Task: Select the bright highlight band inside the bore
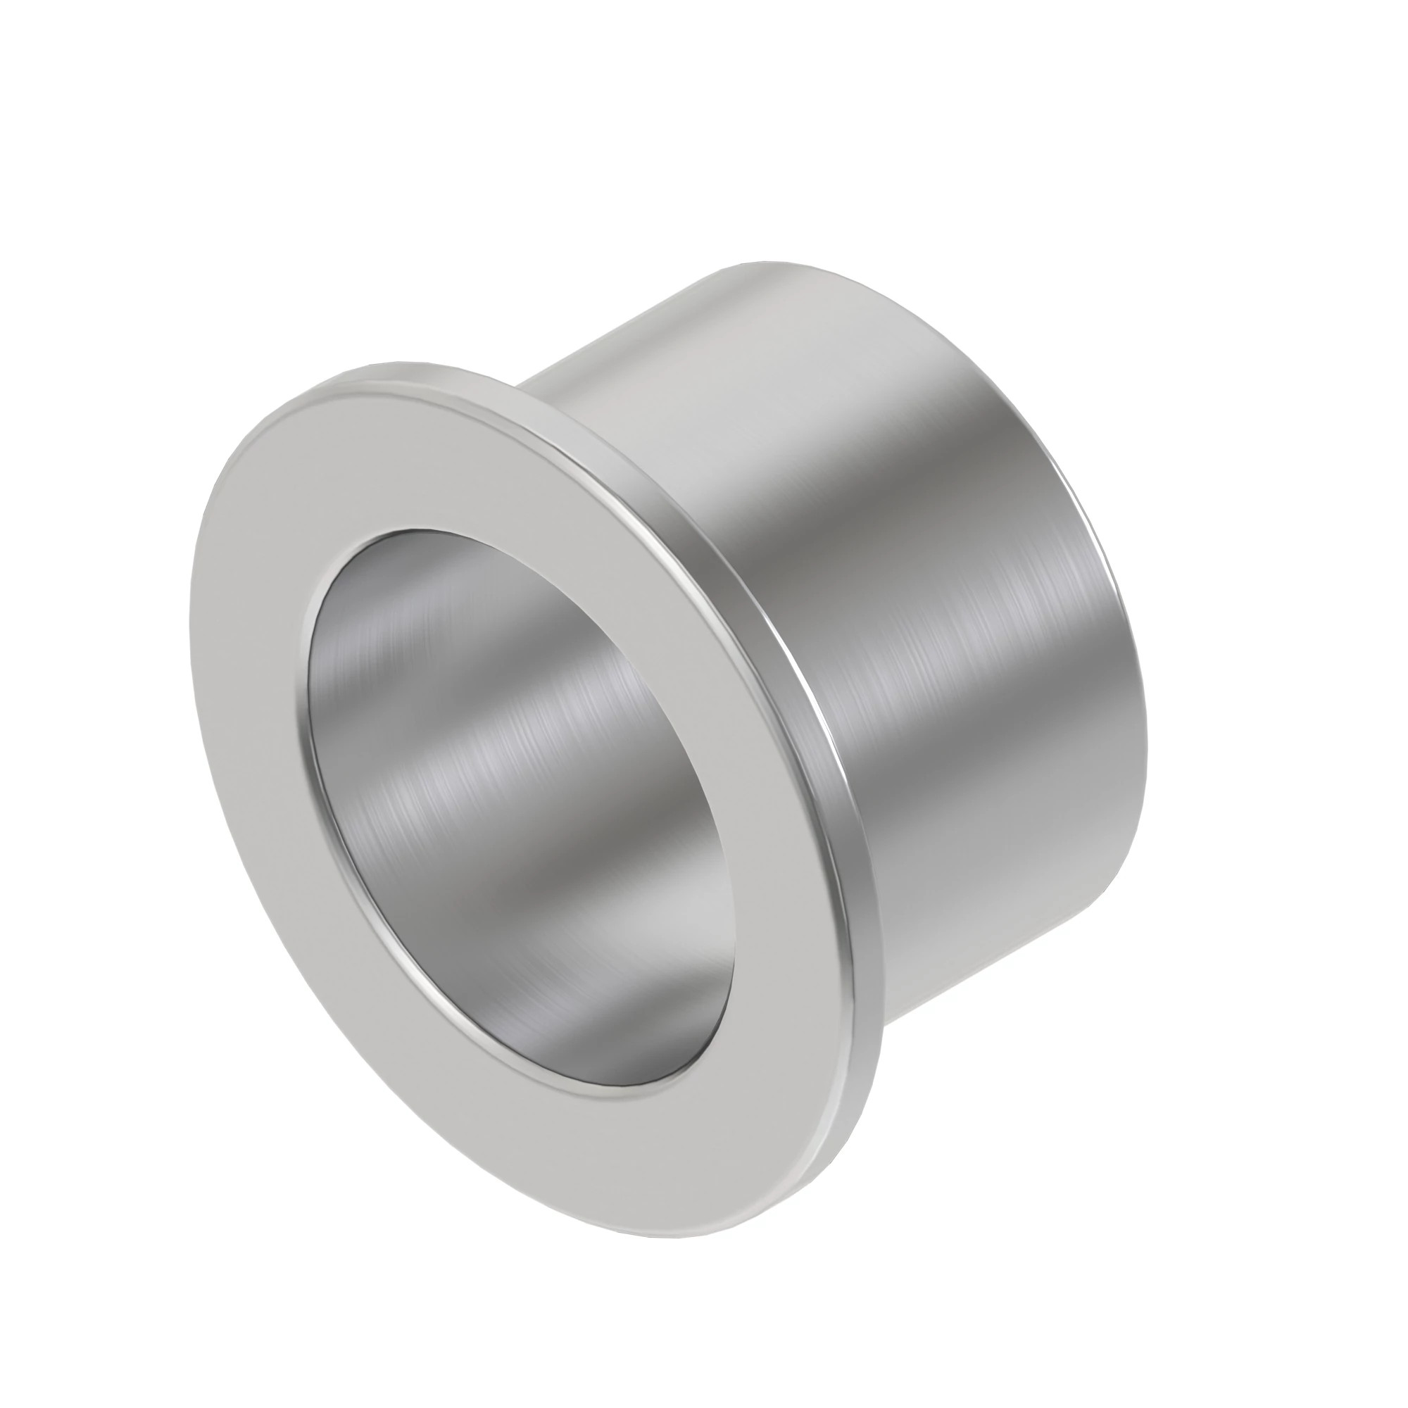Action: [467, 736]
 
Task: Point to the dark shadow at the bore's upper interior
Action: [467, 583]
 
